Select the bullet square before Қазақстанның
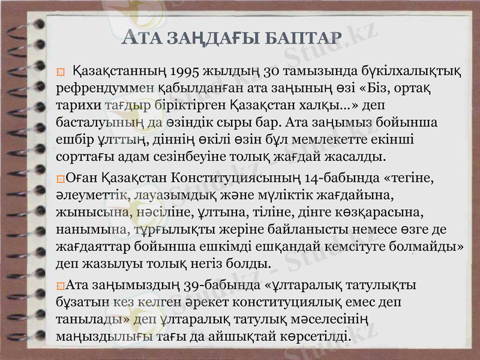60,74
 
